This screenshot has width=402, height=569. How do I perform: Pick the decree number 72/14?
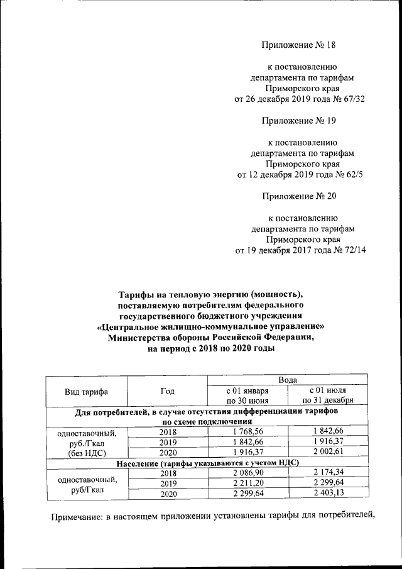point(352,250)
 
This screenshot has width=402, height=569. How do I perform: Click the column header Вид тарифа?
point(87,392)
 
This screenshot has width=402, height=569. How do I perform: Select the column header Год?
point(167,392)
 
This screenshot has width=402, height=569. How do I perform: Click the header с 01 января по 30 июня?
point(247,395)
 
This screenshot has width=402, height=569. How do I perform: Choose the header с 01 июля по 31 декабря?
point(327,395)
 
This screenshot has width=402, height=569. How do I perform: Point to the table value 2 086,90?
point(247,473)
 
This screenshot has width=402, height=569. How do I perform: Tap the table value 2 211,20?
point(247,483)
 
